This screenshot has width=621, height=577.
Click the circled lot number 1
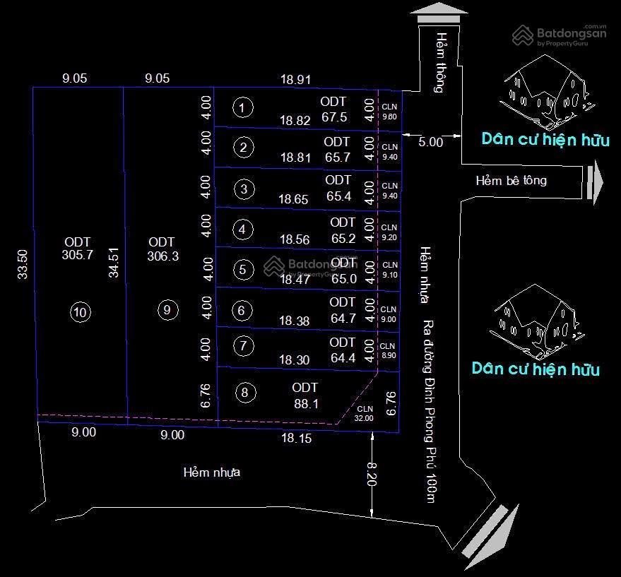pyautogui.click(x=242, y=107)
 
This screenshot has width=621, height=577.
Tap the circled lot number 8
pyautogui.click(x=244, y=393)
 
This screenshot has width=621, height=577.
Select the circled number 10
pyautogui.click(x=81, y=312)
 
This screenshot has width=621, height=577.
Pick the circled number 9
pyautogui.click(x=167, y=309)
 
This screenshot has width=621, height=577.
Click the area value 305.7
pyautogui.click(x=78, y=256)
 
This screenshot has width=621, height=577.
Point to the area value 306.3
pyautogui.click(x=163, y=256)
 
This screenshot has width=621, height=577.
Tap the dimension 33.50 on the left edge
pyautogui.click(x=22, y=263)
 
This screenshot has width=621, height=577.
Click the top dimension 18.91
pyautogui.click(x=295, y=80)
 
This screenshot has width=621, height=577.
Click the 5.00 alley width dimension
pyautogui.click(x=430, y=142)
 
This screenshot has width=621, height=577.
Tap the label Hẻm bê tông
pyautogui.click(x=511, y=181)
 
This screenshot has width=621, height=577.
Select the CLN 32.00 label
pyautogui.click(x=365, y=413)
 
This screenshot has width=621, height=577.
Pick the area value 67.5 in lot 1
pyautogui.click(x=334, y=117)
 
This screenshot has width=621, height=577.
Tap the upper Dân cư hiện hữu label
pyautogui.click(x=545, y=139)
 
